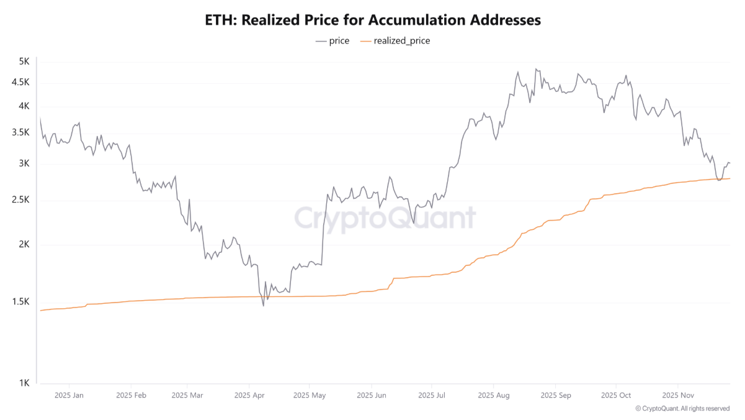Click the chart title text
[x=372, y=20]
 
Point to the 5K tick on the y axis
[x=24, y=62]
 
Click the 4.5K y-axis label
[x=21, y=82]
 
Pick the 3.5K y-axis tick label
[x=21, y=132]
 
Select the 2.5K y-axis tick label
[x=21, y=200]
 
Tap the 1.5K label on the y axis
[x=21, y=302]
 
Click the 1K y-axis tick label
[x=24, y=383]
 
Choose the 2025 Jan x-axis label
[x=69, y=395]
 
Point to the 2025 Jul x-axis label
[x=432, y=395]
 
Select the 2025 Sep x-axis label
[x=555, y=395]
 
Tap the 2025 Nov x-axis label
[x=677, y=395]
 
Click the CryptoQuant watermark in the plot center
[x=385, y=218]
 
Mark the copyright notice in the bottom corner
[x=682, y=409]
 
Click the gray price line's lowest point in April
[x=263, y=306]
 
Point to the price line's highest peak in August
[x=536, y=69]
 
